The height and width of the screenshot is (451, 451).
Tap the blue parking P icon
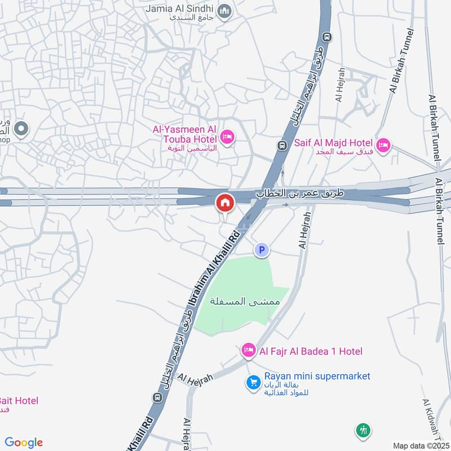click(262, 250)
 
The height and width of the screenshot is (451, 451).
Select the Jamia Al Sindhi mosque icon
click(225, 11)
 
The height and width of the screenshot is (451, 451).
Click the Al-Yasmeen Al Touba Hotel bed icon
click(227, 137)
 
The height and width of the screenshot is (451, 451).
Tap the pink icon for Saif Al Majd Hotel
click(383, 145)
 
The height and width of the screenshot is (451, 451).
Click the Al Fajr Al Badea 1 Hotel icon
click(248, 351)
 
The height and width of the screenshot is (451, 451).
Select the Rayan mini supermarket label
click(317, 376)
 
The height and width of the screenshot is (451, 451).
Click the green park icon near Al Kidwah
click(364, 431)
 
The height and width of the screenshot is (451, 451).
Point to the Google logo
click(24, 443)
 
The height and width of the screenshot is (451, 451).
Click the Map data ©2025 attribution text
click(420, 446)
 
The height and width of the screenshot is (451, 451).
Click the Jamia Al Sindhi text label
click(180, 9)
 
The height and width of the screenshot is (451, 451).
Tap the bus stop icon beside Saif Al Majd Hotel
click(281, 145)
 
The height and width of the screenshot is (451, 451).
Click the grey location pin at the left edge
click(21, 130)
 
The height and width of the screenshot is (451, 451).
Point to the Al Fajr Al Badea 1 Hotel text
click(311, 351)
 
